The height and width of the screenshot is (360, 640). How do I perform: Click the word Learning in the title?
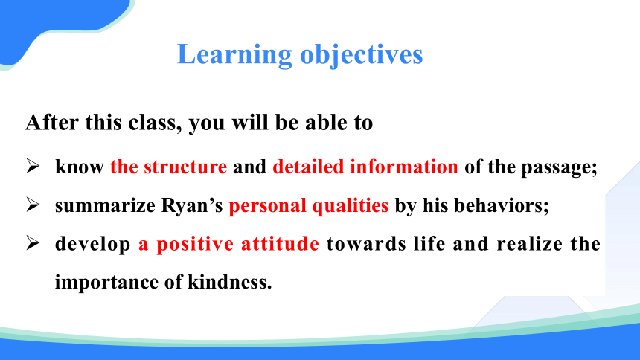tap(234, 55)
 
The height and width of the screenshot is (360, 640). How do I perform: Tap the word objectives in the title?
tap(361, 55)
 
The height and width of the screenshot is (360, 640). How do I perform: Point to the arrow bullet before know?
tap(33, 166)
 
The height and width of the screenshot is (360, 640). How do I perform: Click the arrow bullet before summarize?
tap(33, 205)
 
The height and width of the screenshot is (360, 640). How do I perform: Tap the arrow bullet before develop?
tap(33, 243)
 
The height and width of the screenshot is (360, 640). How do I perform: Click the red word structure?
tap(185, 167)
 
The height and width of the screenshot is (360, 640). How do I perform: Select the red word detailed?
tap(308, 167)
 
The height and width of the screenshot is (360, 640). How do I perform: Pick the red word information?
tap(404, 167)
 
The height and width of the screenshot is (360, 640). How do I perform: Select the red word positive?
tap(195, 245)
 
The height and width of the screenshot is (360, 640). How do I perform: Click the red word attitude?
tap(280, 244)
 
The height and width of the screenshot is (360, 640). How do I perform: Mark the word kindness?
tap(229, 282)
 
